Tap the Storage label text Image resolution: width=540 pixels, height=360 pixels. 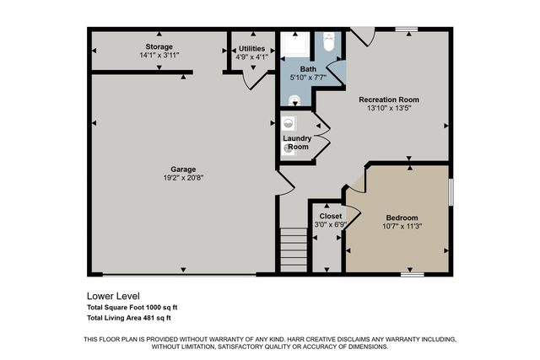(x=159, y=46)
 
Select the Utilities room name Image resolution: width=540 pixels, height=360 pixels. (x=252, y=48)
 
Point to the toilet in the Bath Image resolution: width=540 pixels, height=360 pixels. (x=330, y=41)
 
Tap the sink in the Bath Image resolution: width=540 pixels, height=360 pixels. (x=293, y=99)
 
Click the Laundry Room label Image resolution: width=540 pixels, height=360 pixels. (x=296, y=142)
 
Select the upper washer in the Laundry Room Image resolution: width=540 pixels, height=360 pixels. (x=290, y=121)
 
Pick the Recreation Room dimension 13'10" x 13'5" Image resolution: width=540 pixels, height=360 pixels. (x=388, y=109)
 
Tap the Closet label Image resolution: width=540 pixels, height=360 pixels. (x=330, y=216)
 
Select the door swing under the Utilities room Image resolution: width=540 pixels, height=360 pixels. (x=250, y=79)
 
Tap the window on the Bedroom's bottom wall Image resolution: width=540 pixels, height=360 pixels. (x=412, y=275)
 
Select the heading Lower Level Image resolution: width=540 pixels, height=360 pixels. (x=113, y=297)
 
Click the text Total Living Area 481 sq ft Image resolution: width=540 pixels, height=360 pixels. (x=129, y=318)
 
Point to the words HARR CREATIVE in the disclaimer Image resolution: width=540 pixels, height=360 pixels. (x=322, y=339)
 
